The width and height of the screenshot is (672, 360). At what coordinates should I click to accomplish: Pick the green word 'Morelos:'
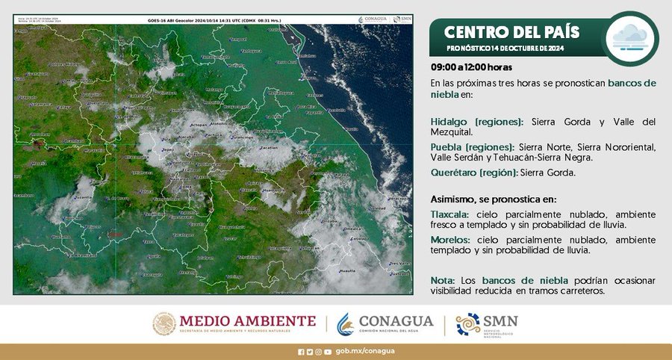pos(449,239)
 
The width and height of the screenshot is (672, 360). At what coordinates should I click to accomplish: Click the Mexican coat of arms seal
pos(164,323)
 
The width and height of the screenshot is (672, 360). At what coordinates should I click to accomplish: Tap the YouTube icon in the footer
pos(328,351)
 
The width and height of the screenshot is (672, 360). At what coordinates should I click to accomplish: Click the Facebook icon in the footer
pos(301,351)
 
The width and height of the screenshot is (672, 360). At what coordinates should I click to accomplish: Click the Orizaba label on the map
pos(326,222)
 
